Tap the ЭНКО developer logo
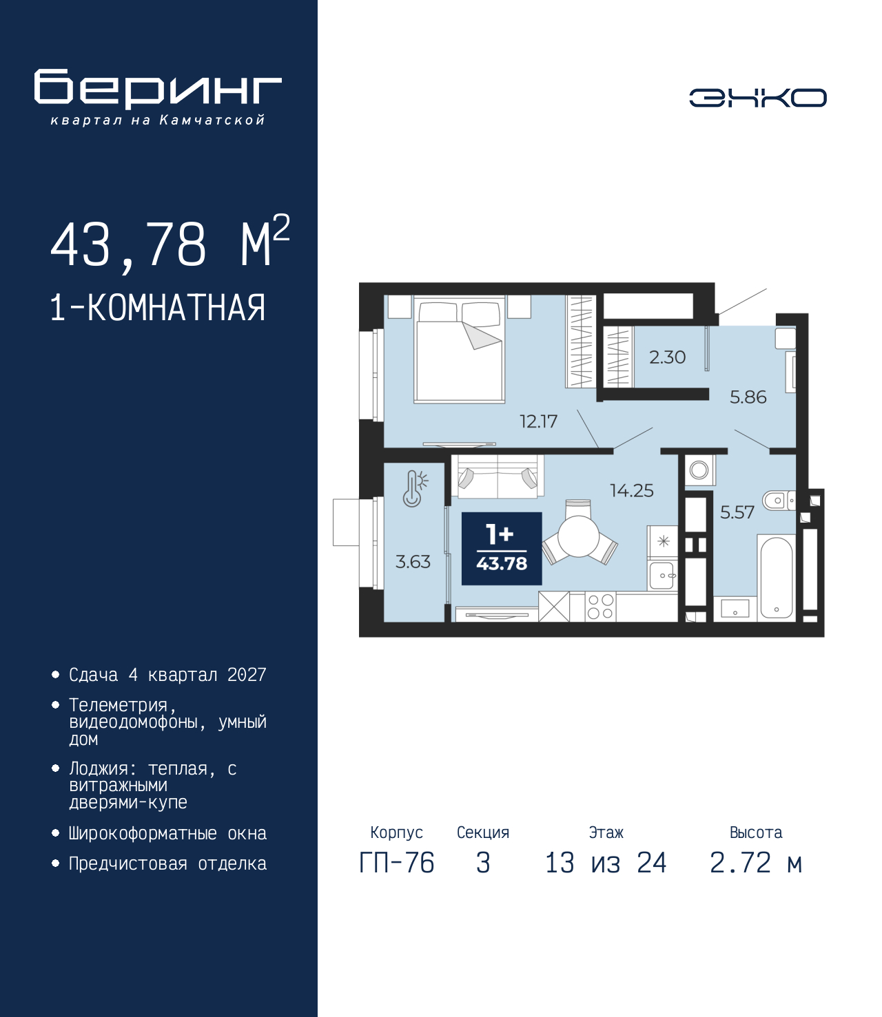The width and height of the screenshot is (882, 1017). [757, 97]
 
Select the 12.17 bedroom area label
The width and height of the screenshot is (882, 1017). [538, 421]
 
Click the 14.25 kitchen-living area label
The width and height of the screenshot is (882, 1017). [632, 490]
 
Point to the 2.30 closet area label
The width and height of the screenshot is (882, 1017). [667, 357]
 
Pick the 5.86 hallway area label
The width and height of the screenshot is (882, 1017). [748, 397]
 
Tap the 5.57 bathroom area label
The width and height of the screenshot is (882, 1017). [737, 513]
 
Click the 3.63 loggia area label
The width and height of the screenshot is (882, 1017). [413, 562]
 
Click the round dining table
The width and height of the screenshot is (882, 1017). [579, 536]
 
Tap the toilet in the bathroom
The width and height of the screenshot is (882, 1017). [779, 501]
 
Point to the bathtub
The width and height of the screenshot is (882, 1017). [776, 576]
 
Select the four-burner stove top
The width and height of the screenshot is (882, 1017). [601, 607]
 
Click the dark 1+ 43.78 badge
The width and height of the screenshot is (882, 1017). [502, 549]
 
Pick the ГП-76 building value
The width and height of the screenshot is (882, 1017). [396, 863]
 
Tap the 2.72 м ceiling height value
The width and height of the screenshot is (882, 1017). [756, 863]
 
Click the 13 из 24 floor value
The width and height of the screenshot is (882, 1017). [606, 863]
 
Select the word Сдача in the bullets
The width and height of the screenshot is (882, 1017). [94, 675]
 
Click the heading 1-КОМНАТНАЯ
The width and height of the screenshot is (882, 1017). [158, 308]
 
